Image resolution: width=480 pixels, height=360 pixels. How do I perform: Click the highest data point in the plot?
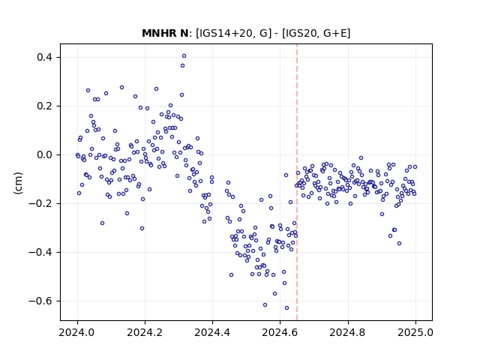[x=184, y=56]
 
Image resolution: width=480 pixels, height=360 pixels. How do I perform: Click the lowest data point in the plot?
[x=286, y=308]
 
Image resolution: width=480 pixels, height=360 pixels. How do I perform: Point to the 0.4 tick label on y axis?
[x=44, y=57]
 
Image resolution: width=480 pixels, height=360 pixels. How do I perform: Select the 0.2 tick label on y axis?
[x=44, y=106]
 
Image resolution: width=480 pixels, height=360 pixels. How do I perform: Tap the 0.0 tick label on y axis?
[x=44, y=155]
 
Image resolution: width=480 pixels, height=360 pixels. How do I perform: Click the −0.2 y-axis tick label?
[x=40, y=203]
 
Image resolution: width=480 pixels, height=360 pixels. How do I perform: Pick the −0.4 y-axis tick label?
[x=40, y=252]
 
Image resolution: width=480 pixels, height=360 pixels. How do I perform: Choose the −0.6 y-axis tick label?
[x=40, y=301]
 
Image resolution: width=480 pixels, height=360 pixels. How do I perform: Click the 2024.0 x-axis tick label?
[x=77, y=332]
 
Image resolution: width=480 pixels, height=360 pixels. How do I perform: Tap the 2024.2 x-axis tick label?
[x=145, y=332]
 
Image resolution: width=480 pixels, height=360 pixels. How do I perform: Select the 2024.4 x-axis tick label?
[x=212, y=332]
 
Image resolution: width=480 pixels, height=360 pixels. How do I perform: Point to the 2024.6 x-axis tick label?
[x=280, y=332]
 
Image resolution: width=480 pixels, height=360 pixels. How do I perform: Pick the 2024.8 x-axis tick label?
[x=348, y=332]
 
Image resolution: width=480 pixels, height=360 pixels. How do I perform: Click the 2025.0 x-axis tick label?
[x=415, y=332]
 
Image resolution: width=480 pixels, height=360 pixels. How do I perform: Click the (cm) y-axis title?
[x=18, y=183]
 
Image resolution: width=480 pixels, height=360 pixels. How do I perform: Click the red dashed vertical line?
[x=297, y=182]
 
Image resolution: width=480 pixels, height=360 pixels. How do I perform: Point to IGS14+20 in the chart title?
[x=225, y=33]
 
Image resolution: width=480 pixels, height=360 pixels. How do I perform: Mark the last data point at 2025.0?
[x=415, y=166]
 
